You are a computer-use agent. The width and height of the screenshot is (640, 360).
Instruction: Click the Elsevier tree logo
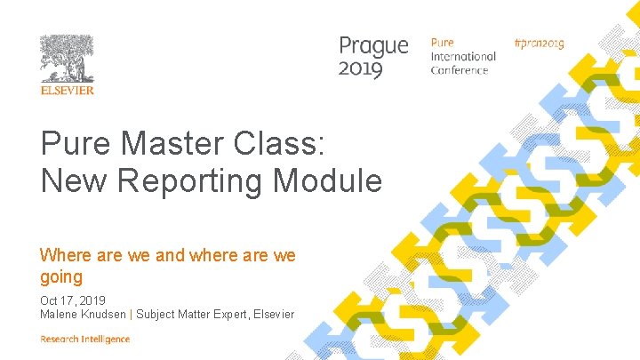point(67,59)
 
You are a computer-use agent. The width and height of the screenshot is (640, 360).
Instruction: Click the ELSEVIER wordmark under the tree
point(67,90)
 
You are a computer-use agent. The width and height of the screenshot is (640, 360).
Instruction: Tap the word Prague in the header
point(373,46)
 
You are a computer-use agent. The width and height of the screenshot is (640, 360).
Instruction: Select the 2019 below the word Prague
point(361,68)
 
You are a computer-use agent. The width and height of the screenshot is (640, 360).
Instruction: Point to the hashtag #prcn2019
point(539,43)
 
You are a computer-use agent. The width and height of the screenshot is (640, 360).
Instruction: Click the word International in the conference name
point(463,56)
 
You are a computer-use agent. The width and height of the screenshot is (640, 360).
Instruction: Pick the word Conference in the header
point(460,70)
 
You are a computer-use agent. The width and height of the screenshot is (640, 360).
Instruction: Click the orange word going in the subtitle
point(61,277)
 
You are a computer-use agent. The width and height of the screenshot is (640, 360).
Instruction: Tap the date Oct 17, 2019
point(72,300)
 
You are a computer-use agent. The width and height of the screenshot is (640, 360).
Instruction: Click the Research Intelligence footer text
point(84,339)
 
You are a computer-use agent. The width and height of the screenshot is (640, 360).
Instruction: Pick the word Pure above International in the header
point(442,43)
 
